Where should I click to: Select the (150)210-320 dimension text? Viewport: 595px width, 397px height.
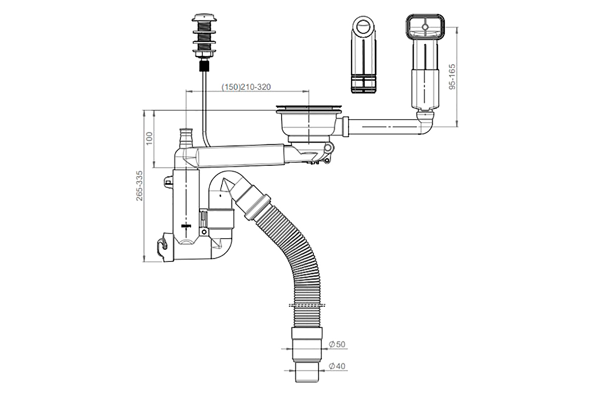tap(246, 87)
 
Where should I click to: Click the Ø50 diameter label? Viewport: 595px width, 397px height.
tap(337, 344)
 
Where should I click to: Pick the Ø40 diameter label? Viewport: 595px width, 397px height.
tap(337, 367)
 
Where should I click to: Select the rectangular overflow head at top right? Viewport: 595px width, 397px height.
tap(424, 30)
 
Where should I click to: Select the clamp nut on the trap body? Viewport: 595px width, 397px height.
tap(218, 218)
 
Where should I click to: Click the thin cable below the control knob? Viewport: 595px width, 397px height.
tap(204, 104)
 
